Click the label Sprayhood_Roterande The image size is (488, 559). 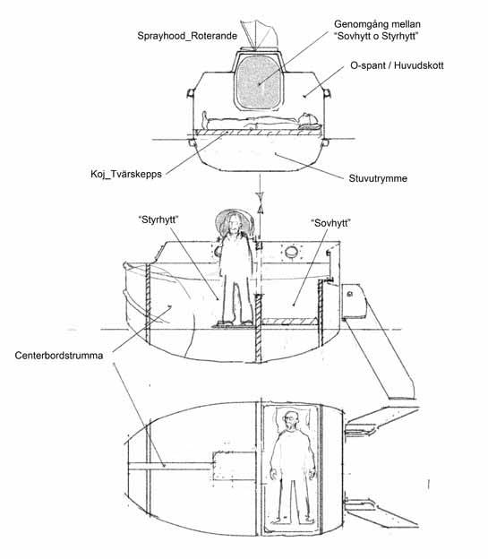[187, 36]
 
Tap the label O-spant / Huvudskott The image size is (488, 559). [397, 65]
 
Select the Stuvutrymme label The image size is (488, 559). [378, 178]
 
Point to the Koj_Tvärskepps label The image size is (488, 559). [126, 174]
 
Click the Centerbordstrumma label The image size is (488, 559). [59, 356]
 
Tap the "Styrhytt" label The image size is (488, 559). [158, 219]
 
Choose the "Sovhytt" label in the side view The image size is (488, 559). [330, 223]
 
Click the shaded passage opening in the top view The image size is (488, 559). [259, 82]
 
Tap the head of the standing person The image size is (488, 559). [235, 223]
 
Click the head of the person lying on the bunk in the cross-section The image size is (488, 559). [307, 119]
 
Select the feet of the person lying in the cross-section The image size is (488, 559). [205, 119]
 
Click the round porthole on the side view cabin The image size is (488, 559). [291, 252]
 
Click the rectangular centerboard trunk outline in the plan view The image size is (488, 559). [235, 465]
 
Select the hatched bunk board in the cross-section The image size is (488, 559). [257, 133]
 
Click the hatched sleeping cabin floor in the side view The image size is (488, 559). [290, 322]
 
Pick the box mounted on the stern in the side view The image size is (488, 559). [354, 301]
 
